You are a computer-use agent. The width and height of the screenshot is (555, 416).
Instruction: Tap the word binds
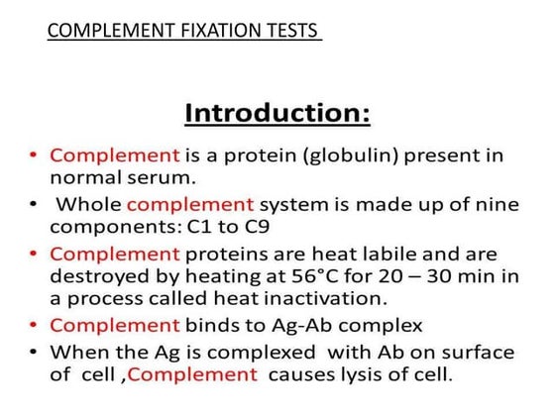(212, 324)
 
